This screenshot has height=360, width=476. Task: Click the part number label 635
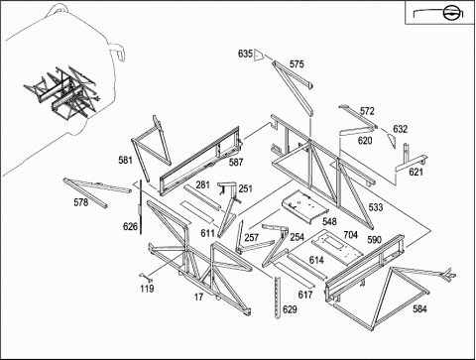click(245, 54)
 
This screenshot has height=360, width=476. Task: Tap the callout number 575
click(297, 64)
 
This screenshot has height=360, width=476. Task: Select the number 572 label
click(367, 111)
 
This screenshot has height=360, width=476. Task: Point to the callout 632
click(400, 129)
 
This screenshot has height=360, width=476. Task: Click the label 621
click(416, 172)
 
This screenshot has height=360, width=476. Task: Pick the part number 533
click(376, 207)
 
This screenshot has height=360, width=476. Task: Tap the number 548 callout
click(329, 221)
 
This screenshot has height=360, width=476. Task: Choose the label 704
click(350, 235)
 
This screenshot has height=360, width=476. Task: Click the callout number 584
click(419, 309)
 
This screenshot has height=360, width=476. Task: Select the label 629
click(290, 309)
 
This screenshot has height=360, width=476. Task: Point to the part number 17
click(198, 298)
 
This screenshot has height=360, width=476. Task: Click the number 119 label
click(147, 289)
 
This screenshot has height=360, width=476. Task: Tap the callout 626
click(130, 226)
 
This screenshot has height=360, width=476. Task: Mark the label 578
click(81, 202)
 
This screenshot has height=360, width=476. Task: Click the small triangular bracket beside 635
click(259, 56)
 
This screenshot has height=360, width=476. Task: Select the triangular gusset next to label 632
click(392, 141)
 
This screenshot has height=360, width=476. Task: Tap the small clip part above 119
click(143, 275)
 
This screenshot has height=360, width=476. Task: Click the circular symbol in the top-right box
click(449, 13)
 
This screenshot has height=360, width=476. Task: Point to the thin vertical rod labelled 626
click(141, 207)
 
